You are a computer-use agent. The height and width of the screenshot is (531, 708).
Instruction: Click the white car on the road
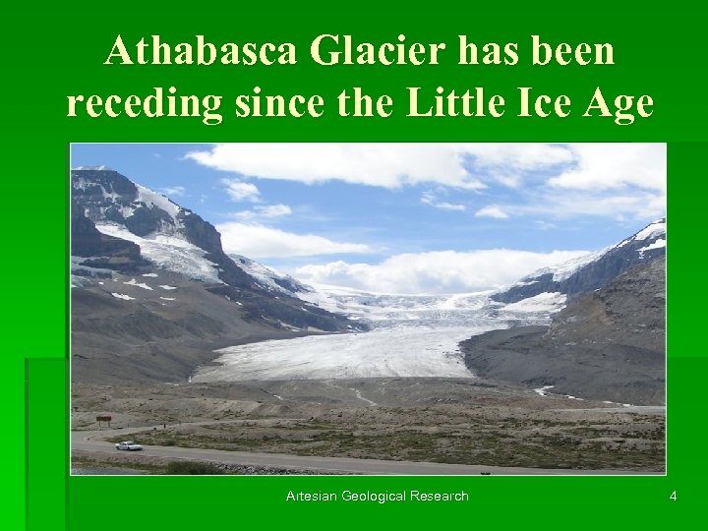click(128, 445)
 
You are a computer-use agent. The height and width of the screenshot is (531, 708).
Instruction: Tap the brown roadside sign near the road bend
click(103, 419)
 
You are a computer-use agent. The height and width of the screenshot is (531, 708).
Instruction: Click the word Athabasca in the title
click(203, 51)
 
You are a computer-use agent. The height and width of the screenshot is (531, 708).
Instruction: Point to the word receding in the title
click(144, 102)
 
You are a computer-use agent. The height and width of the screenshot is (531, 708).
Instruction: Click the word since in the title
click(277, 102)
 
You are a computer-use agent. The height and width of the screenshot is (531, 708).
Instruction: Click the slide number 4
click(673, 496)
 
